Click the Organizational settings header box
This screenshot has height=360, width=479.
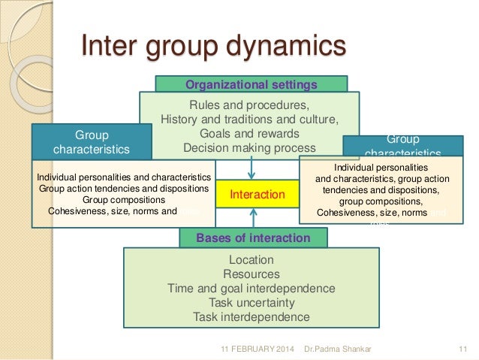pyautogui.click(x=252, y=83)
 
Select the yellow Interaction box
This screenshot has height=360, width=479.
pyautogui.click(x=258, y=195)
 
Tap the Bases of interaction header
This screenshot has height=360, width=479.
pyautogui.click(x=253, y=238)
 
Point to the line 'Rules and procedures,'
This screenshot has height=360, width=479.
pyautogui.click(x=250, y=104)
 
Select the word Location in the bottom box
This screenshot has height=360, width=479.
pyautogui.click(x=252, y=260)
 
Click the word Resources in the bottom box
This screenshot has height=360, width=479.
pyautogui.click(x=252, y=274)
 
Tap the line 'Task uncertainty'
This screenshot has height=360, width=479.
pyautogui.click(x=252, y=303)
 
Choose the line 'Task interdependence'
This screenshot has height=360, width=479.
pyautogui.click(x=252, y=317)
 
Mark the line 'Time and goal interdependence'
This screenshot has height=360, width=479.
pyautogui.click(x=252, y=289)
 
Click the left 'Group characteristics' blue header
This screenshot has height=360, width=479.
pyautogui.click(x=92, y=142)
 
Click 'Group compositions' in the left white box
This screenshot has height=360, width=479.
pyautogui.click(x=124, y=200)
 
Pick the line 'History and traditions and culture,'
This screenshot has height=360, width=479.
pyautogui.click(x=250, y=119)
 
